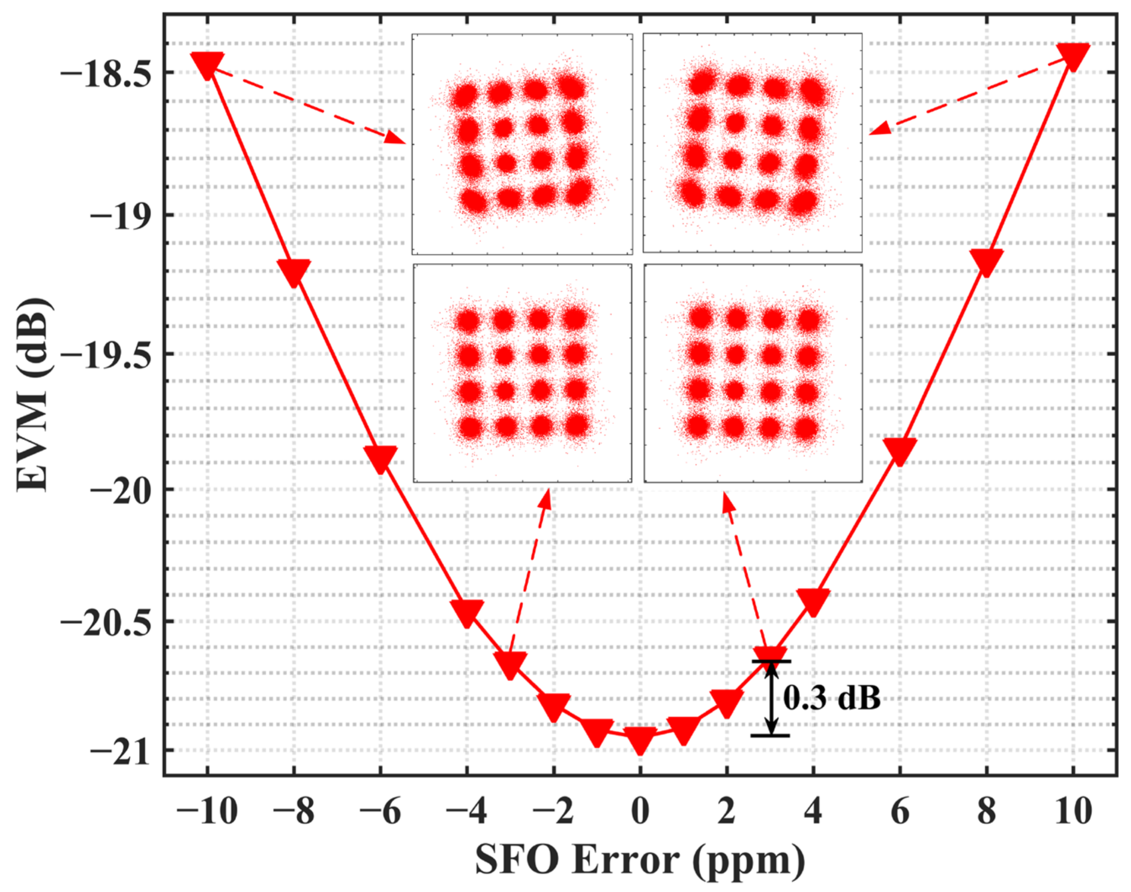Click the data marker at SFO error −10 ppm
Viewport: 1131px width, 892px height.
(x=207, y=64)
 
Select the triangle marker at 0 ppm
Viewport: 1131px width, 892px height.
(x=640, y=738)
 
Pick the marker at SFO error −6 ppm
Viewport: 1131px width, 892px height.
(x=381, y=458)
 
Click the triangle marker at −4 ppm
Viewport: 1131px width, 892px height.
(x=467, y=611)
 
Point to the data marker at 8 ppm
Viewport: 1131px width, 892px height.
(x=986, y=261)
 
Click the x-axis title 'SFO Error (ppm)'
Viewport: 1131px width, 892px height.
(x=640, y=860)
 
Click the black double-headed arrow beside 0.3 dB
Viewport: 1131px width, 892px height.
(x=771, y=699)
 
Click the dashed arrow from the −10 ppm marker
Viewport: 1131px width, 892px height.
(x=308, y=105)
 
